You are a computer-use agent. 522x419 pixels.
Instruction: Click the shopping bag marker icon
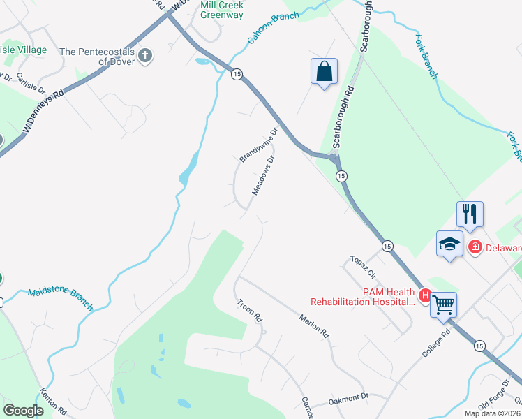[324, 71]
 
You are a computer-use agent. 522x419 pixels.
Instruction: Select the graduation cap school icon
[449, 244]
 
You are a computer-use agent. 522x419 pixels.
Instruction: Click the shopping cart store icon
[443, 304]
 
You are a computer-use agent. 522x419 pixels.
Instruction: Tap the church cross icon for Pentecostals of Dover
[145, 56]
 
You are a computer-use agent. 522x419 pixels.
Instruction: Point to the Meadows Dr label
[263, 176]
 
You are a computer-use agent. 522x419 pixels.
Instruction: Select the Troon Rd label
[249, 311]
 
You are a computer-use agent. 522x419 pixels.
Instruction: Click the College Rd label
[437, 344]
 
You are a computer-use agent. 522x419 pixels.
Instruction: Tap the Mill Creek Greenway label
[222, 9]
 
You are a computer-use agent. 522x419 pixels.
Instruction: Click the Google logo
[23, 410]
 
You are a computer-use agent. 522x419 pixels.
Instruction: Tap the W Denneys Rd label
[44, 110]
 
